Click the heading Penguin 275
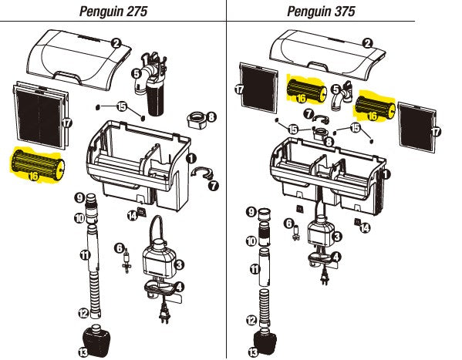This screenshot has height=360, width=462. tap(113, 11)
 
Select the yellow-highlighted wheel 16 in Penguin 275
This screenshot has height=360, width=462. tap(35, 164)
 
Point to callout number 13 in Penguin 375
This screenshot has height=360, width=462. tap(253, 352)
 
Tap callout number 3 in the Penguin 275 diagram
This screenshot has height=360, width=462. tap(179, 264)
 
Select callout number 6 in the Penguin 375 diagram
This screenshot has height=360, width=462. tap(290, 224)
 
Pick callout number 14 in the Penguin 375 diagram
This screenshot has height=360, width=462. tap(366, 228)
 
